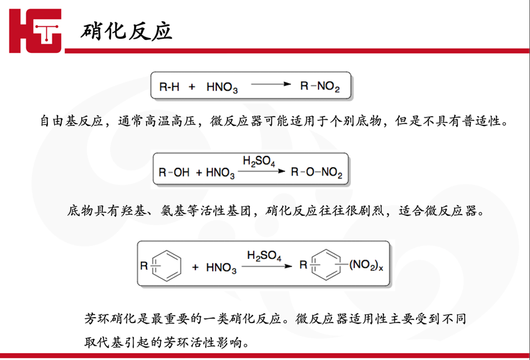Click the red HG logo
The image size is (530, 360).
coord(36,31)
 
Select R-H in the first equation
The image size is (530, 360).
coord(170,87)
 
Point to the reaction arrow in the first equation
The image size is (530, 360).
coord(271,84)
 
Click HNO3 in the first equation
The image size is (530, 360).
coord(221,87)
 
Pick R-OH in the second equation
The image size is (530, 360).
coord(175,172)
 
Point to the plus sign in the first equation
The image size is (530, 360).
coord(193,87)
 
